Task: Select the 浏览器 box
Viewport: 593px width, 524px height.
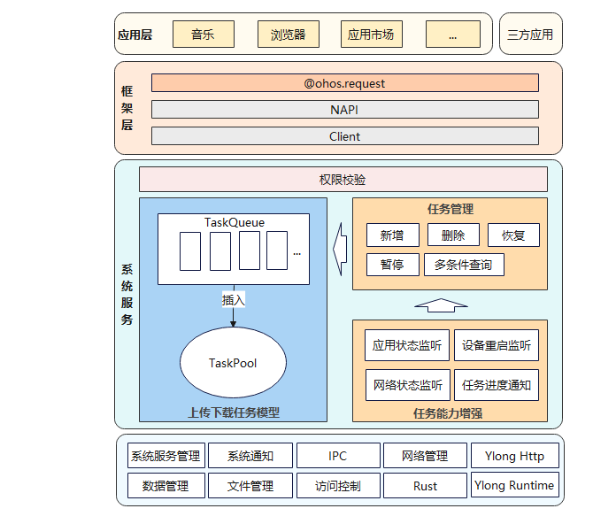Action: [288, 35]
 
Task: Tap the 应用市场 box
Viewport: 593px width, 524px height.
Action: [371, 35]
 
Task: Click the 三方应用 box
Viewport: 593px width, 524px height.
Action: [530, 35]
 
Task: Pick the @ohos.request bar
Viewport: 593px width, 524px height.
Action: [344, 83]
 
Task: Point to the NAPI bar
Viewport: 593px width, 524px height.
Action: [344, 110]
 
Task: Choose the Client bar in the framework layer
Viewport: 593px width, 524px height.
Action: [344, 136]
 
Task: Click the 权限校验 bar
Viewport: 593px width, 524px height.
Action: [343, 180]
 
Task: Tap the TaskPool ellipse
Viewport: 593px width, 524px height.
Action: [233, 363]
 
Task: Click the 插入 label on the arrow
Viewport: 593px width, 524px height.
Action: [233, 300]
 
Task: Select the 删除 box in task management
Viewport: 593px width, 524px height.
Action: [452, 235]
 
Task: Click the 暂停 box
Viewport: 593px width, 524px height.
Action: [392, 265]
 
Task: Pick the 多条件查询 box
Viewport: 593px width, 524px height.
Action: [464, 265]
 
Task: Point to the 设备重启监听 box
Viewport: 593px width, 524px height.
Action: [497, 345]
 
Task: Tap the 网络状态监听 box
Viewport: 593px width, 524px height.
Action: [407, 385]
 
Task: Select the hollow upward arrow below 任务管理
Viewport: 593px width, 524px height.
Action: [440, 305]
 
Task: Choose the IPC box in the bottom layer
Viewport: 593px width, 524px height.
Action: [337, 456]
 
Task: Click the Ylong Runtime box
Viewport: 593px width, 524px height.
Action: [514, 485]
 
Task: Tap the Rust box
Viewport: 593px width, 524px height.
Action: [425, 486]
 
